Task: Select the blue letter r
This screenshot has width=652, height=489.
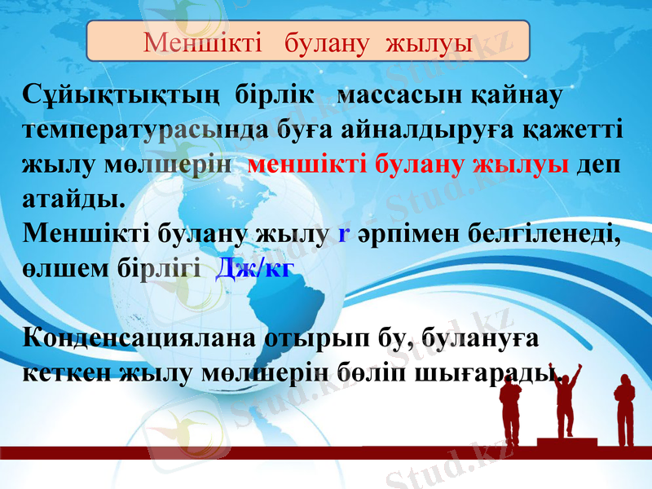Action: (343, 235)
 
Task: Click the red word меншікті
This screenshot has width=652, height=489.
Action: (308, 164)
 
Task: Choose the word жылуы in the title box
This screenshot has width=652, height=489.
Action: (435, 42)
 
